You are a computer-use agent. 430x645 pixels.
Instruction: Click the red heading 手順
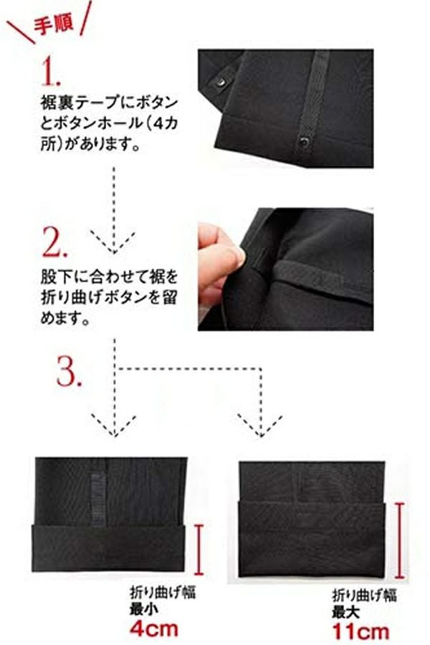click(x=54, y=24)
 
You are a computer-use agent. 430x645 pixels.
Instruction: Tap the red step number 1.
click(x=51, y=71)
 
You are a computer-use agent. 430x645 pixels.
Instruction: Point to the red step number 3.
click(x=69, y=371)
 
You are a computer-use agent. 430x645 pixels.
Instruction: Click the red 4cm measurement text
click(x=154, y=629)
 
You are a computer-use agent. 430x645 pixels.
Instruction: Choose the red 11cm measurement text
click(x=360, y=632)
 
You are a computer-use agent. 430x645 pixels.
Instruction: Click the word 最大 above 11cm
click(x=346, y=613)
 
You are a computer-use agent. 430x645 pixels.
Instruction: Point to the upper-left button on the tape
click(x=220, y=82)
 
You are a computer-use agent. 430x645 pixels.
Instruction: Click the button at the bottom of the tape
click(x=305, y=142)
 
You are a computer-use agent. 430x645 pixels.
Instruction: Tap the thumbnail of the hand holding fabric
click(x=285, y=269)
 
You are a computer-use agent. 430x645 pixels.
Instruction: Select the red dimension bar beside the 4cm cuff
click(x=199, y=550)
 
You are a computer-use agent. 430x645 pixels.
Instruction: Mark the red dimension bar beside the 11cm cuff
click(x=399, y=540)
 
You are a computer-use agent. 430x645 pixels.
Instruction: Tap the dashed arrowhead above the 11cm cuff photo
click(x=260, y=425)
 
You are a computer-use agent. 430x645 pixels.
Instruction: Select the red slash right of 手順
click(x=85, y=18)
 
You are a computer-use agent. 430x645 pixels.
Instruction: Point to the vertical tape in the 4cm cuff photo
click(x=98, y=500)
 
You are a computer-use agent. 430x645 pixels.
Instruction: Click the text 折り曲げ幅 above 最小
click(x=163, y=593)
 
